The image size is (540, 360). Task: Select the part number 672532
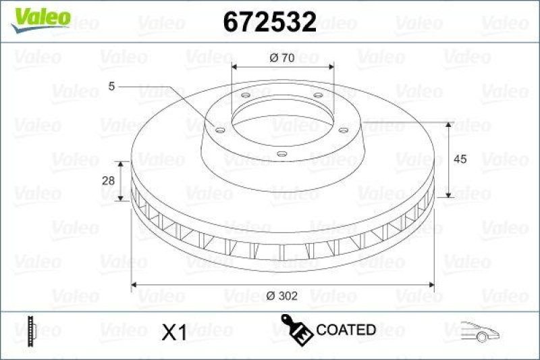point(269,22)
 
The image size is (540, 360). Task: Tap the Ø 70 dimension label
point(281,58)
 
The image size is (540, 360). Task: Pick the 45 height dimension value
point(460,159)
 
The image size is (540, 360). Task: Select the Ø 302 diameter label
point(281,296)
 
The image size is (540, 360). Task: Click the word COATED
point(346,330)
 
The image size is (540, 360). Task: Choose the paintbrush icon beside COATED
point(296,328)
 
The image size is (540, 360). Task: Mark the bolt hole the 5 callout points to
point(219,129)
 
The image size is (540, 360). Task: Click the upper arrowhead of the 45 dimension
point(449,126)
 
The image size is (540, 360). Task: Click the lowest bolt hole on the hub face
point(282,154)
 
